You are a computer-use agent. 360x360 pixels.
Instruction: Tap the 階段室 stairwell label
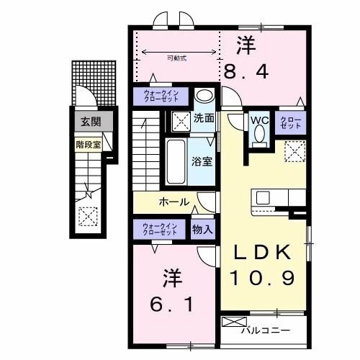[x=89, y=143]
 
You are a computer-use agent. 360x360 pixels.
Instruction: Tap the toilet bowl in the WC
[x=259, y=135]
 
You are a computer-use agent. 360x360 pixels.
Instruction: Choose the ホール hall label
[x=174, y=202]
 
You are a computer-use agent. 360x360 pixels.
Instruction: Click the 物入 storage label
[x=202, y=230]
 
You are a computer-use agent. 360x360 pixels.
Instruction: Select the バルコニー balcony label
[x=271, y=330]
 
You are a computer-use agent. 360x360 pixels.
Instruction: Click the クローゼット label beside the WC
[x=291, y=122]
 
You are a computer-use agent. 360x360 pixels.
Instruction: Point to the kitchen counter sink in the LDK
[x=262, y=197]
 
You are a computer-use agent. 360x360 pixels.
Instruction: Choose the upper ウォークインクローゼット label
[x=160, y=96]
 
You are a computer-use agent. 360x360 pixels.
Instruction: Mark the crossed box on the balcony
[x=234, y=324]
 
